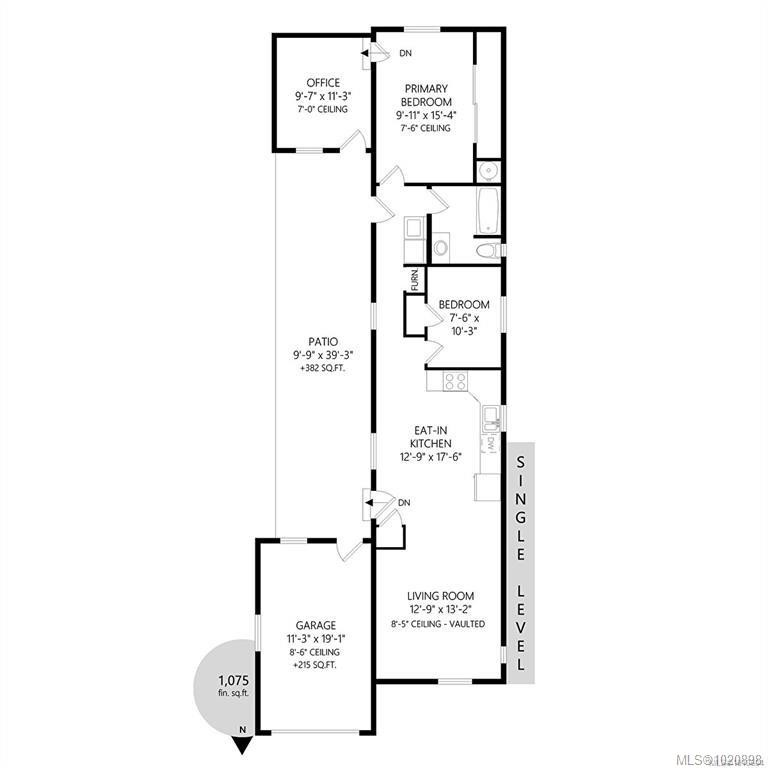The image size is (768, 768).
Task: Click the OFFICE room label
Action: (x=323, y=83)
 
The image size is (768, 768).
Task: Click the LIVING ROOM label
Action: (x=440, y=596)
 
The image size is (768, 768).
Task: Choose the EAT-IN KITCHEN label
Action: (x=430, y=436)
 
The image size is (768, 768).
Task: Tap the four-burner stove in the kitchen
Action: (x=455, y=380)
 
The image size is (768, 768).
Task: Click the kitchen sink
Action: (x=490, y=415)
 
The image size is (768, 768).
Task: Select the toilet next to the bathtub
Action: (x=485, y=250)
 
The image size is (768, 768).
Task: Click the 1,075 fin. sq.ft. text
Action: (x=232, y=686)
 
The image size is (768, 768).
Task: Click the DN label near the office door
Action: (x=405, y=53)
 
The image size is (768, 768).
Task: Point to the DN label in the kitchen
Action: (x=404, y=502)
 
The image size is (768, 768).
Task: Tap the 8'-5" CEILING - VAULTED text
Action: (x=440, y=624)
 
